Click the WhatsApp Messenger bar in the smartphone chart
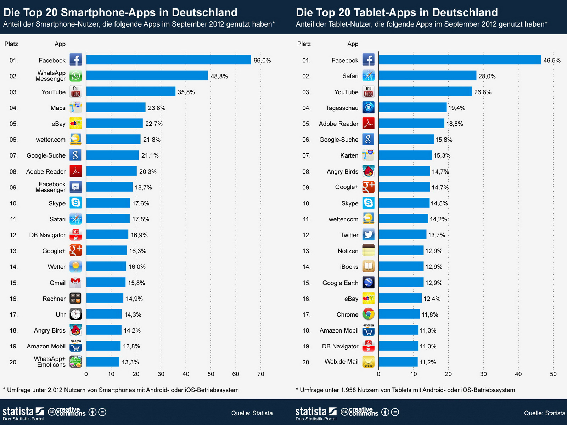tap(147, 76)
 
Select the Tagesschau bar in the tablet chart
tap(412, 108)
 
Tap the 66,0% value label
tap(262, 61)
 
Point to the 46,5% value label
tap(552, 61)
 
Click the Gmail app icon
tap(75, 283)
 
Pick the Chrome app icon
tap(369, 314)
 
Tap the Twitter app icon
tap(369, 235)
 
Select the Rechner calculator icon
tap(75, 299)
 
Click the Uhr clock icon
tap(75, 314)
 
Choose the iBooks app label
tap(349, 267)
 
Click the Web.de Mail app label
tap(341, 362)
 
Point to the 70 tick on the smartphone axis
tap(261, 374)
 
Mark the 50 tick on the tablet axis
tap(553, 374)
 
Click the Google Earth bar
tap(401, 283)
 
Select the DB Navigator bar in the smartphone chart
tap(107, 235)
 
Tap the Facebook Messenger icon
tap(75, 187)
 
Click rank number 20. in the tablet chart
tap(306, 362)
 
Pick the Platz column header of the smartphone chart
tap(11, 44)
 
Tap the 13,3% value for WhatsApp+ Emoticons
tap(130, 362)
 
